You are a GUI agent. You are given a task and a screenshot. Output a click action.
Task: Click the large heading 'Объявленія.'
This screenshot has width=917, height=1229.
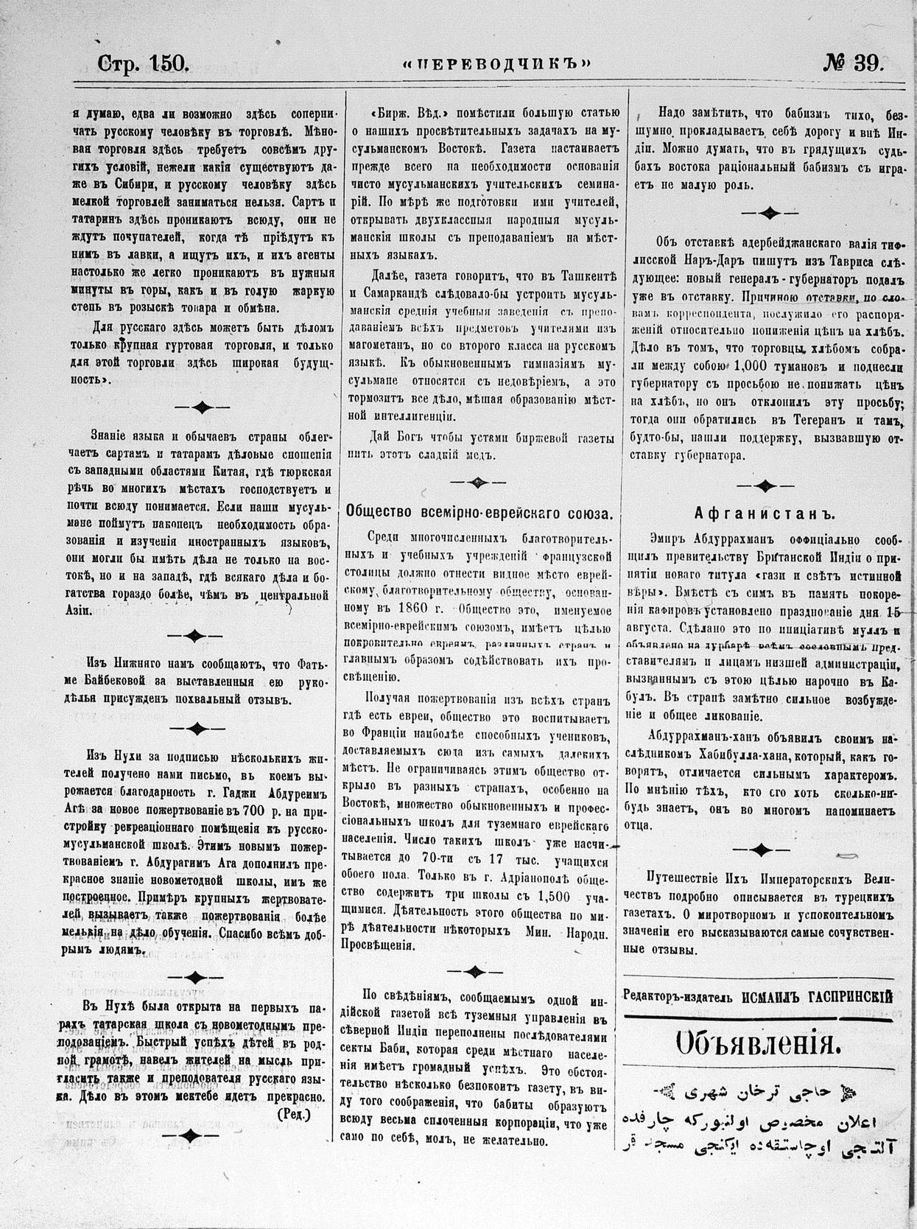[756, 1045]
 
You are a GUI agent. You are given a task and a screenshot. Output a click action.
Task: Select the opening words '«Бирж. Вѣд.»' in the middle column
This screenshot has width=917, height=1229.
[408, 115]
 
